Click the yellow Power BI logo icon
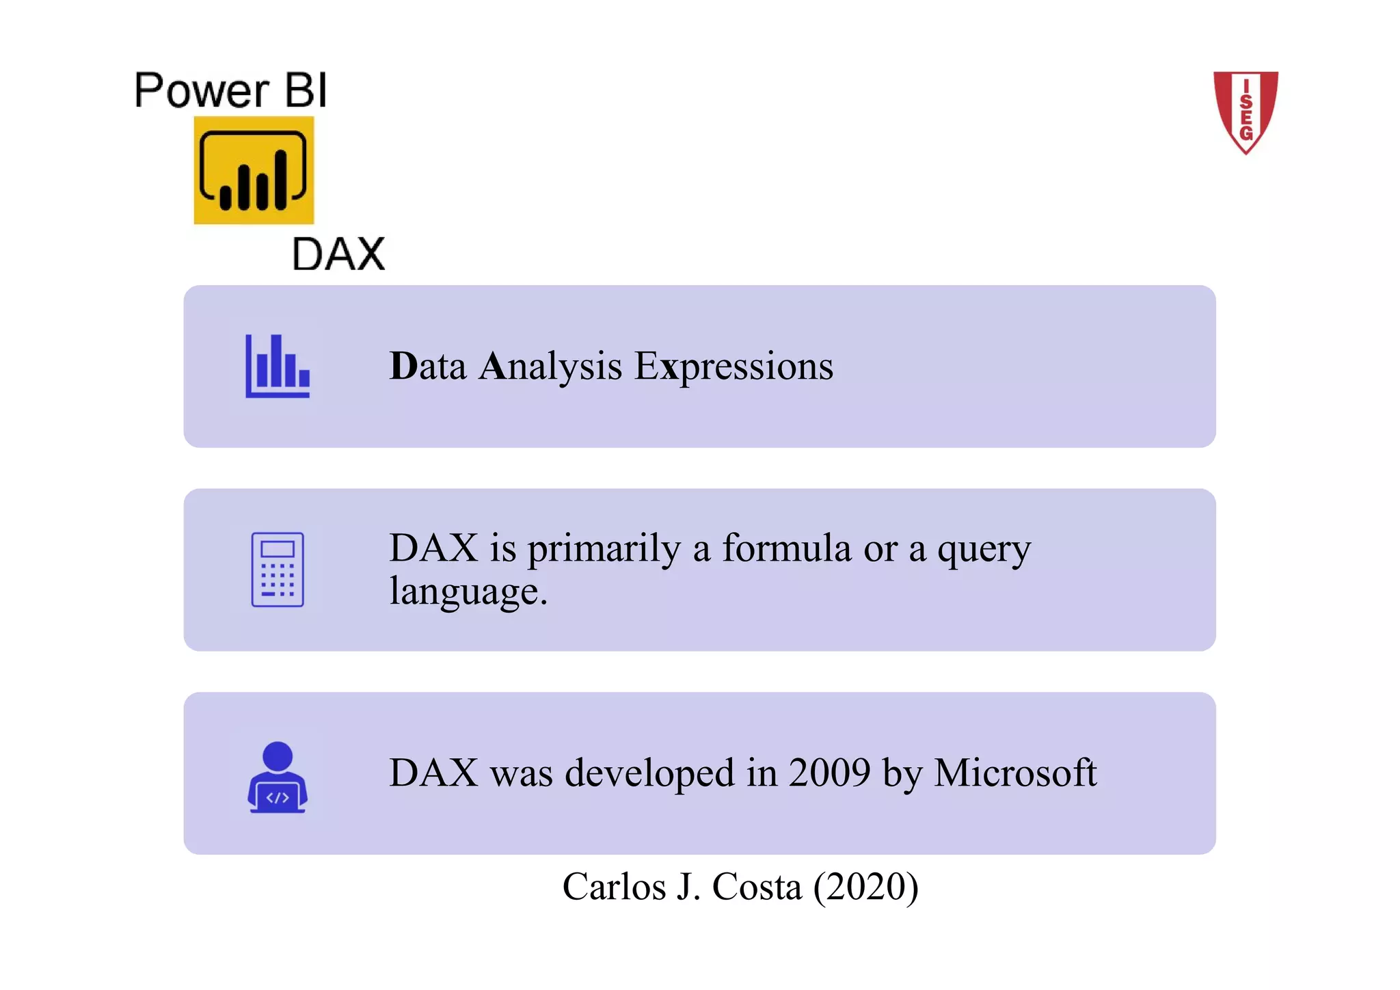click(254, 170)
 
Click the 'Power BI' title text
click(231, 90)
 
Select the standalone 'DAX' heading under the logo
click(338, 254)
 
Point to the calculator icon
click(278, 570)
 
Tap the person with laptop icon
click(278, 777)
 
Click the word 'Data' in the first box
click(428, 366)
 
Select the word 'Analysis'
click(550, 366)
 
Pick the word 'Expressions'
click(734, 367)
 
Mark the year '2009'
click(829, 773)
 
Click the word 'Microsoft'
click(1015, 773)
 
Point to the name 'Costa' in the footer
click(757, 887)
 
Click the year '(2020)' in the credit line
click(865, 887)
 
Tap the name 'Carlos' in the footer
click(614, 887)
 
